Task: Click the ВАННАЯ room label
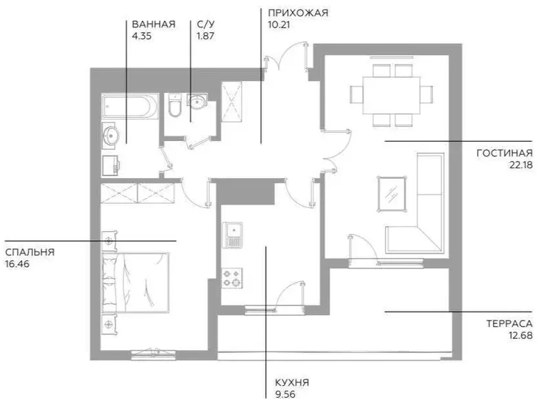[154, 24]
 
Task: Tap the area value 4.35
[142, 36]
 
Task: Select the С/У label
[206, 24]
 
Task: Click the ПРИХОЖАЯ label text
[298, 13]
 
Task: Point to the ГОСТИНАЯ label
[505, 153]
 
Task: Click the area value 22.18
[521, 165]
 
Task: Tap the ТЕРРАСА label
[509, 324]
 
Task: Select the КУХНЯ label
[292, 382]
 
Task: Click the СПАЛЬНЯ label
[30, 252]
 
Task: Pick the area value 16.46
[17, 264]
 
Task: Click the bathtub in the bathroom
[130, 107]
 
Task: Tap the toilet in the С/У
[175, 105]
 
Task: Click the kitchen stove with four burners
[232, 278]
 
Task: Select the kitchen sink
[232, 235]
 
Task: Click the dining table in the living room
[392, 96]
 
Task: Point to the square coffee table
[392, 194]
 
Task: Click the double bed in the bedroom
[135, 283]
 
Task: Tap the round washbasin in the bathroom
[111, 136]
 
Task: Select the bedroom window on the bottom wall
[153, 354]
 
